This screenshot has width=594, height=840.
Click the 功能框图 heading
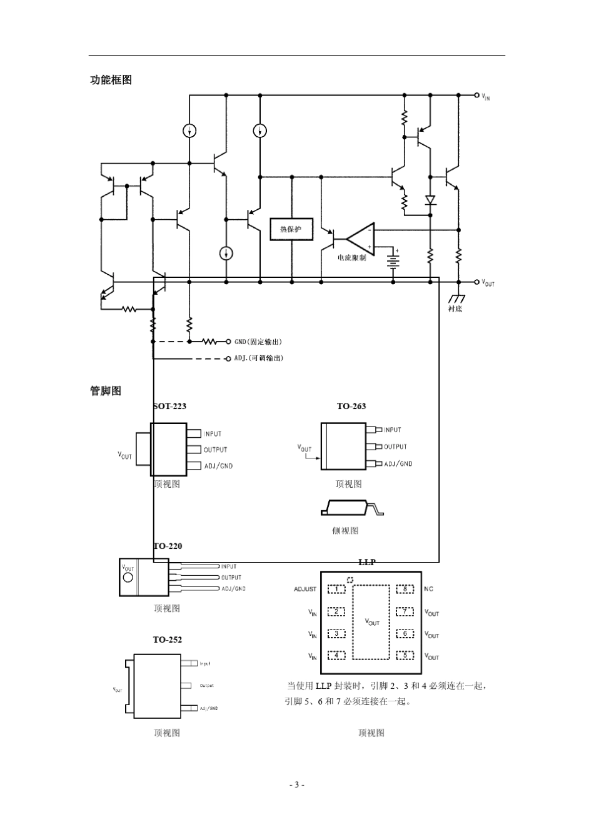111,80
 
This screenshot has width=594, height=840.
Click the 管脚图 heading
106,391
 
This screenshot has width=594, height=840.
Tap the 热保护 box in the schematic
291,229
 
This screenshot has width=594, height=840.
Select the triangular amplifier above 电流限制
361,239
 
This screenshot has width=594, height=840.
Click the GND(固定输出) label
258,342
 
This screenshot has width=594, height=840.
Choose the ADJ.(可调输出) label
258,358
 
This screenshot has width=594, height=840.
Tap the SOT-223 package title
169,406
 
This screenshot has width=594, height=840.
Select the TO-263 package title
351,406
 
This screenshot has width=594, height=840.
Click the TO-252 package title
168,640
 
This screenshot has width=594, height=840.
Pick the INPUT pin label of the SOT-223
213,434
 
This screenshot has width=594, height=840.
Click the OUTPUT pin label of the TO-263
395,447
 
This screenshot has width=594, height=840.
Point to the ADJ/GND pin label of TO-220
233,588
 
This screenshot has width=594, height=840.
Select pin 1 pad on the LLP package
336,589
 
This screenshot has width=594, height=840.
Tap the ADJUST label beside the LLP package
305,589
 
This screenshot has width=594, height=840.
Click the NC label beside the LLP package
428,589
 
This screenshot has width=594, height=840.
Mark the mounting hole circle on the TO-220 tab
128,577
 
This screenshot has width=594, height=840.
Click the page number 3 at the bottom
297,784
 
